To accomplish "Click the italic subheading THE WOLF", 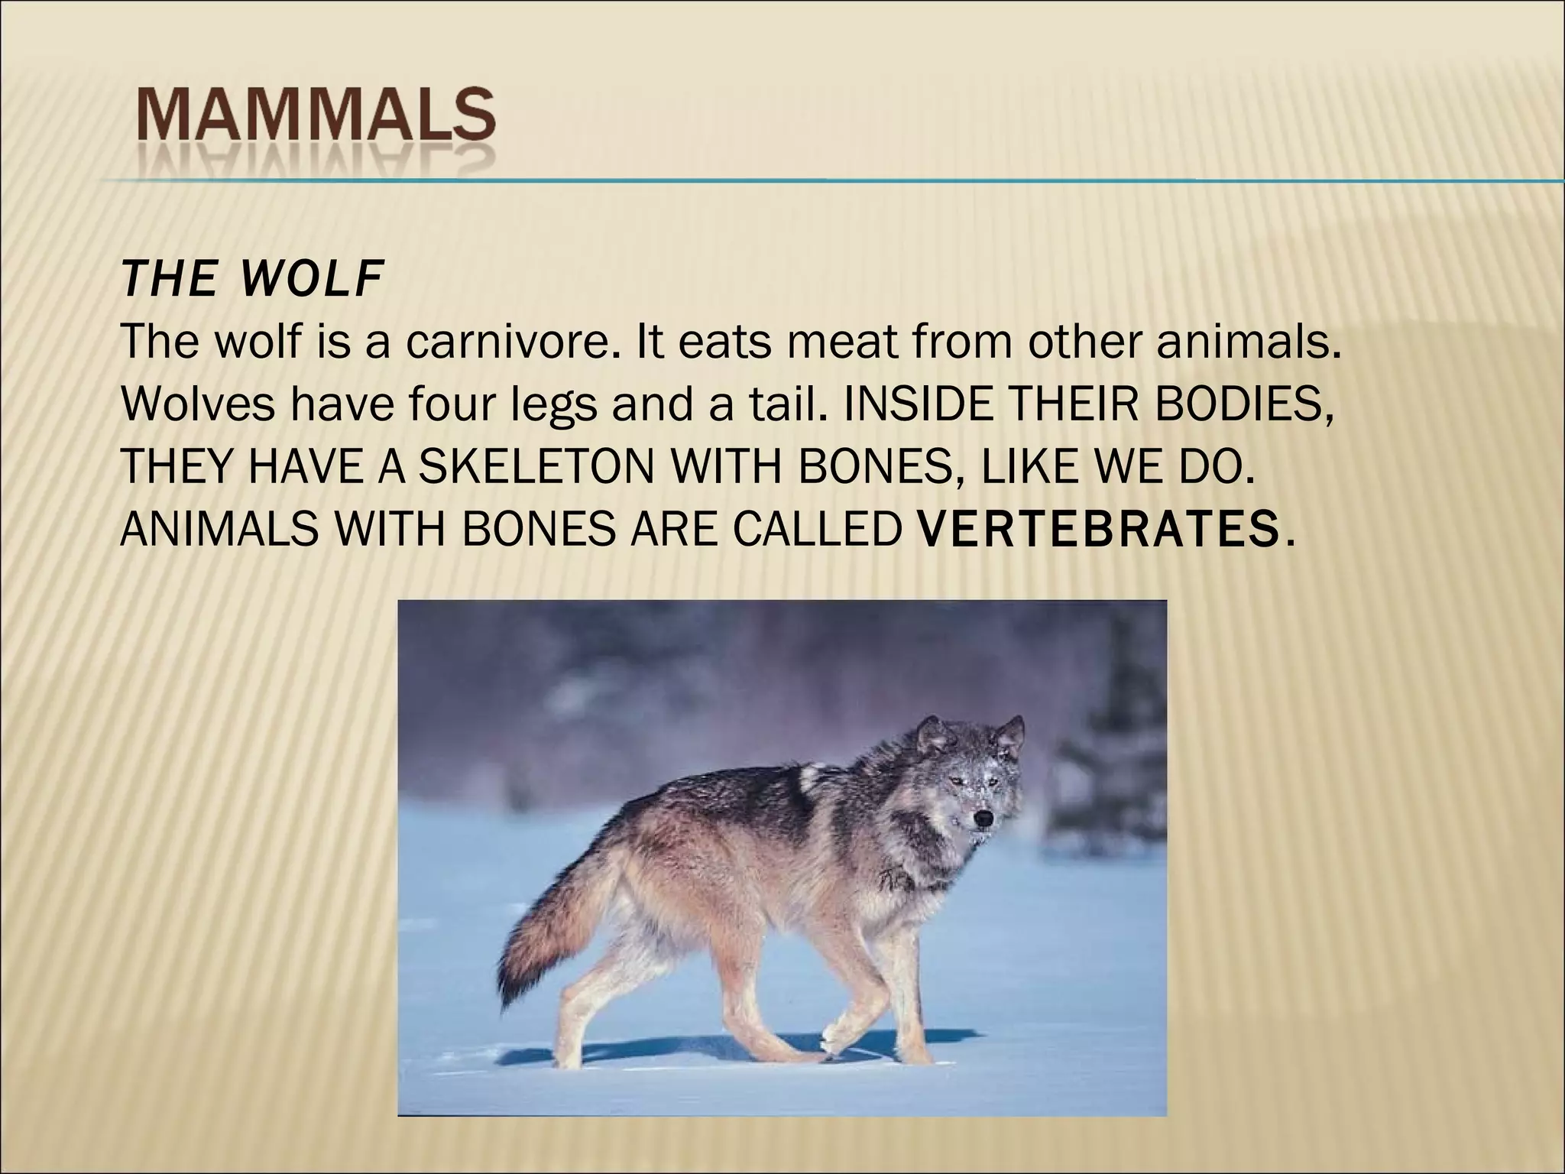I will [251, 280].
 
